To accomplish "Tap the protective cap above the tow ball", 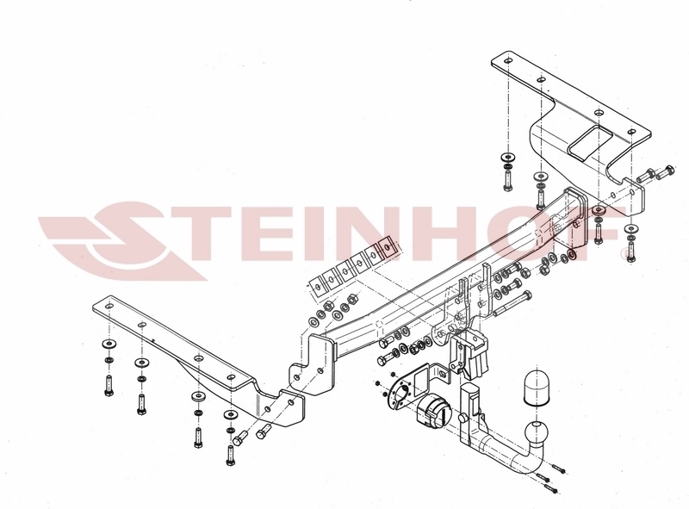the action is [537, 388].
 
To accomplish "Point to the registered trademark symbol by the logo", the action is [623, 253].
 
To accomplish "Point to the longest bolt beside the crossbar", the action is [512, 303].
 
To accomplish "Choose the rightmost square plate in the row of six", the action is [388, 247].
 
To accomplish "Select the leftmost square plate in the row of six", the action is [317, 288].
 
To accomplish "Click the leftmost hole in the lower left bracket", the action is [109, 306].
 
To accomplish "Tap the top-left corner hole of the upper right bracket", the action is [507, 60].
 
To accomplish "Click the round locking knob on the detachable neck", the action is [462, 418].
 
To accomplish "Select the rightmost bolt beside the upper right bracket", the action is [665, 172].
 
